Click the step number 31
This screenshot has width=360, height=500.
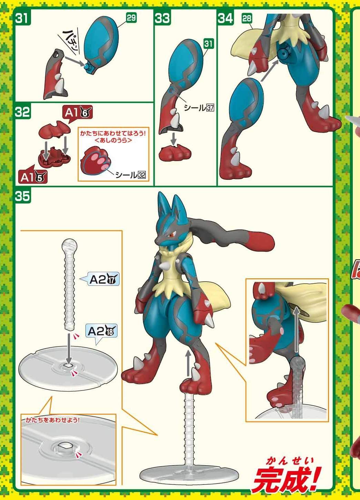pos(22,18)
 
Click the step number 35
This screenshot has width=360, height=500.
pos(22,196)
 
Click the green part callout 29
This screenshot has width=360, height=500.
pos(131,18)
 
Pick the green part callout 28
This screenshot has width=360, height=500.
pos(247,19)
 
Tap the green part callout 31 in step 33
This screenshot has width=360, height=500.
pos(208,44)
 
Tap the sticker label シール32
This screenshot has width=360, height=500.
pos(131,175)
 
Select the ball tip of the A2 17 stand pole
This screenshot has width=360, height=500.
pos(69,244)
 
